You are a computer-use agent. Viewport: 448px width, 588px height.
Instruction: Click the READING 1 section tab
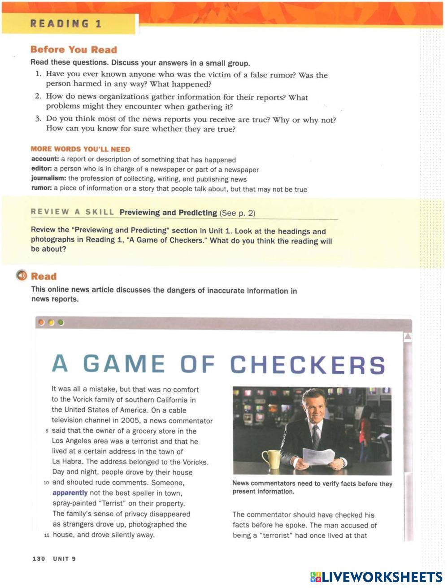pyautogui.click(x=66, y=24)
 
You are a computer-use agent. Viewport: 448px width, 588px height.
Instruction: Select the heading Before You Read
pyautogui.click(x=74, y=50)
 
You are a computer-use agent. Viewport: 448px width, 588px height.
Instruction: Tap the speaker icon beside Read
pyautogui.click(x=21, y=275)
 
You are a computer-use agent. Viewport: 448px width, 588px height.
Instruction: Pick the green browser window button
pyautogui.click(x=61, y=322)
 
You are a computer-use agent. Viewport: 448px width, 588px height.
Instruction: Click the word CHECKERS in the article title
pyautogui.click(x=307, y=365)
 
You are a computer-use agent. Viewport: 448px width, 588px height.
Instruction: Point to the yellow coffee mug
pyautogui.click(x=271, y=458)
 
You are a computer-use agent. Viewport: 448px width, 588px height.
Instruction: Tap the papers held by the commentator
pyautogui.click(x=319, y=457)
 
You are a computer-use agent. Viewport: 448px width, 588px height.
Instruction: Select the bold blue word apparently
pyautogui.click(x=70, y=493)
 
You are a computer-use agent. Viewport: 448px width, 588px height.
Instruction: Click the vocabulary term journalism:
pyautogui.click(x=48, y=179)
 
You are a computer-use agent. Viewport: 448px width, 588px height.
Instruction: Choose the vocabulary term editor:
pyautogui.click(x=41, y=169)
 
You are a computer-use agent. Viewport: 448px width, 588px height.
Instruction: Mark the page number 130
pyautogui.click(x=39, y=558)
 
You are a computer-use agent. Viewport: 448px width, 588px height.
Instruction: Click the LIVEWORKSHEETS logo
pyautogui.click(x=376, y=576)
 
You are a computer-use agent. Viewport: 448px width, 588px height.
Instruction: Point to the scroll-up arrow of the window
pyautogui.click(x=408, y=336)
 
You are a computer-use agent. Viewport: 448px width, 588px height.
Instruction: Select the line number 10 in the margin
pyautogui.click(x=46, y=483)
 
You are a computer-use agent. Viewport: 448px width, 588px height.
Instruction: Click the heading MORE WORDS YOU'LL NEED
pyautogui.click(x=80, y=149)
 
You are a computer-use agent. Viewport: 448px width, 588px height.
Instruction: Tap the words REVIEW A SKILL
pyautogui.click(x=72, y=212)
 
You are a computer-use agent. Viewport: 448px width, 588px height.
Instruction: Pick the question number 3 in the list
pyautogui.click(x=38, y=119)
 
